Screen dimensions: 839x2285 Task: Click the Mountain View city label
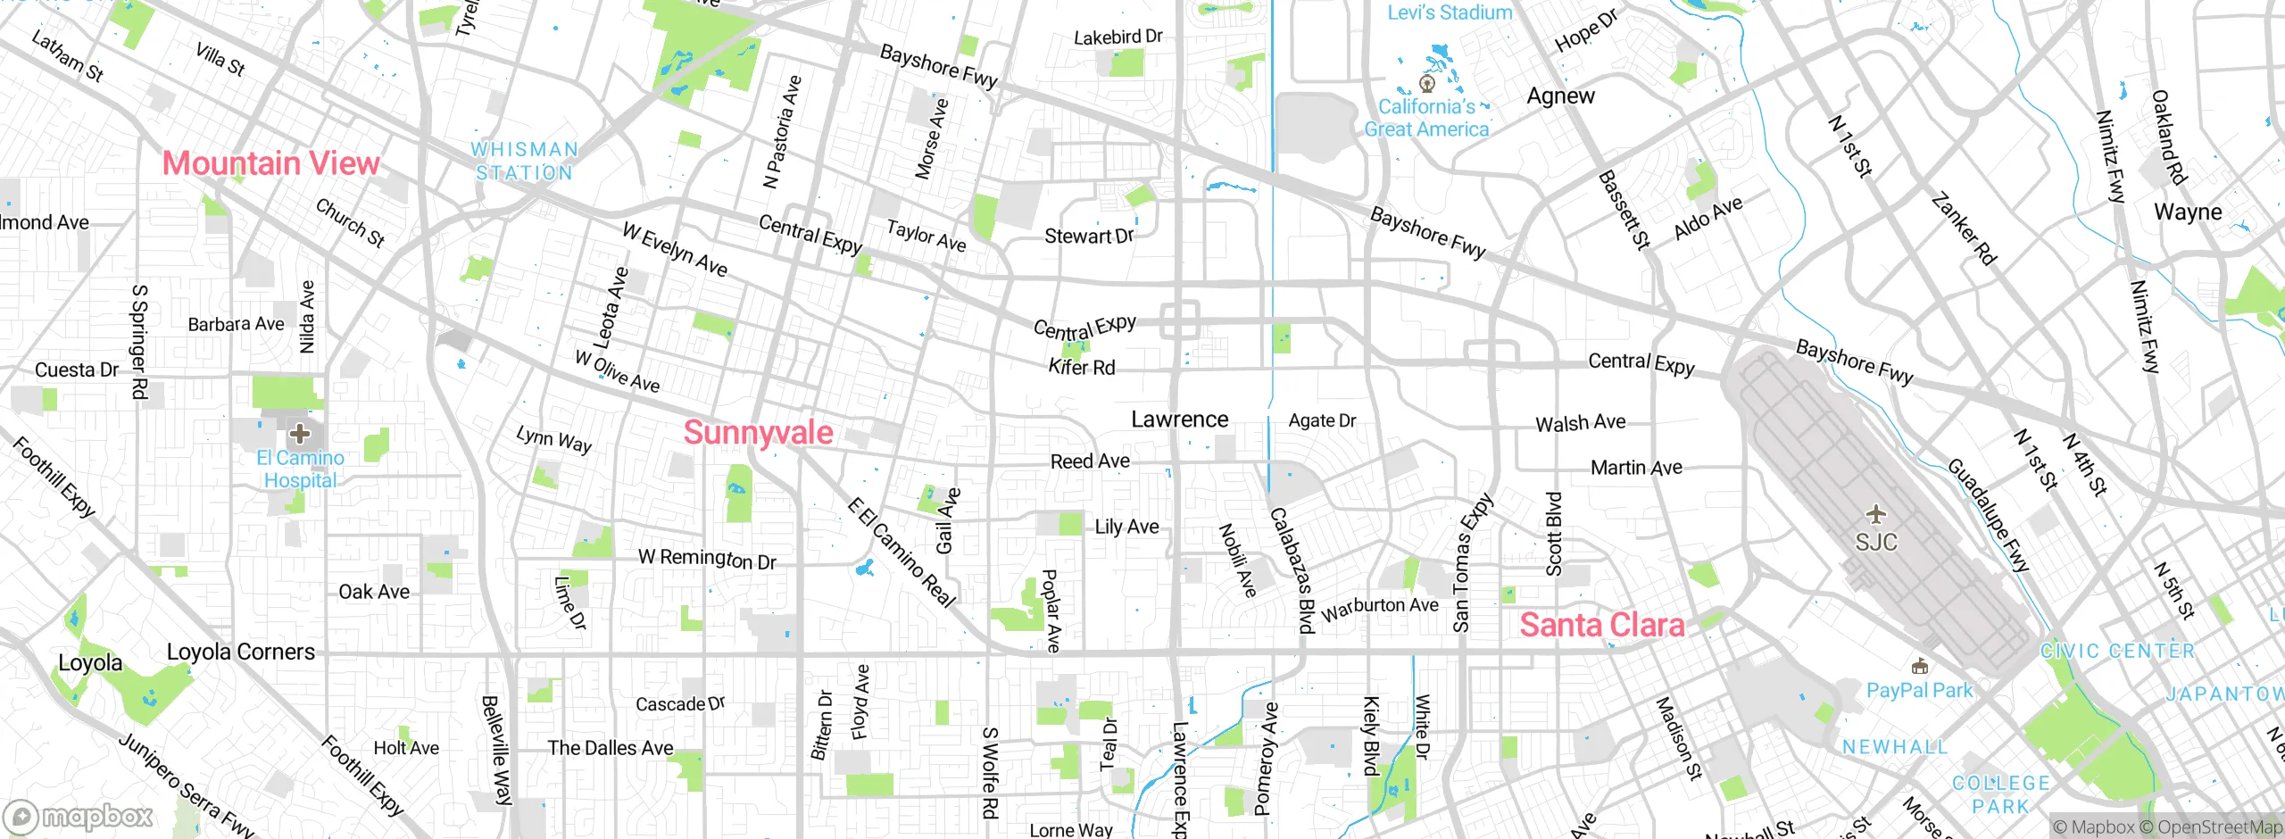tap(270, 163)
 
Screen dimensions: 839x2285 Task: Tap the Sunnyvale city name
tap(758, 433)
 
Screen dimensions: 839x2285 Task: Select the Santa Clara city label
tap(1602, 625)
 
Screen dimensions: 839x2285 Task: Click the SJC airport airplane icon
tap(1876, 515)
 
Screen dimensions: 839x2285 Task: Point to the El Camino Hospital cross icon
tap(300, 435)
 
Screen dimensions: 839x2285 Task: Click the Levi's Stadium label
tap(1450, 12)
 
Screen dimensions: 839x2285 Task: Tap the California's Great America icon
tap(1426, 84)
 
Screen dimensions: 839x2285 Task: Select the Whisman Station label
tap(524, 162)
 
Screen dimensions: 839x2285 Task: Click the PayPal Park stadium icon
tap(1919, 667)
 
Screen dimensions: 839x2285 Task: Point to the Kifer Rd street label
tap(1082, 367)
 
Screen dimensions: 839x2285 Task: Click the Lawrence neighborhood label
tap(1179, 419)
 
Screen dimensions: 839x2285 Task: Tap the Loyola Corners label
tap(241, 652)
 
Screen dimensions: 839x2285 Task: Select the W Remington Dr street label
tap(707, 559)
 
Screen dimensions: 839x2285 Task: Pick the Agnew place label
tap(1560, 96)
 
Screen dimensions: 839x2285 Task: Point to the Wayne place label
tap(2188, 212)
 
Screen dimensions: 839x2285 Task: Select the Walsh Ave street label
tap(1580, 423)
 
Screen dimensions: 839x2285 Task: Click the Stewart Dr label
tap(1089, 237)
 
